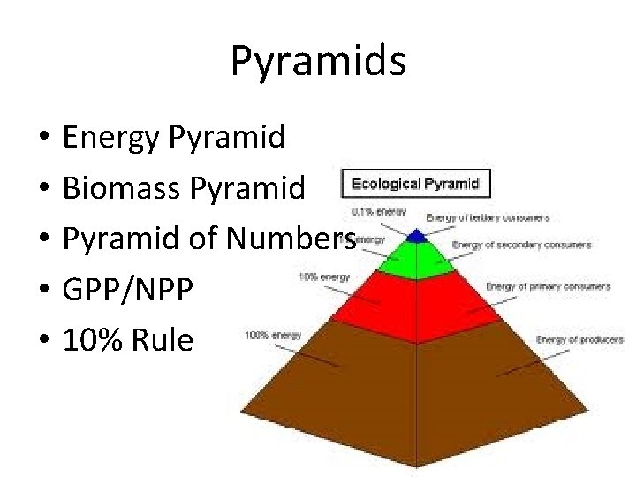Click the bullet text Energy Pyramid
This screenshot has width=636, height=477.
click(x=174, y=137)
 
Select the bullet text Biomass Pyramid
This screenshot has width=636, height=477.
click(x=184, y=186)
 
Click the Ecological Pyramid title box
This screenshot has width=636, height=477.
click(x=415, y=185)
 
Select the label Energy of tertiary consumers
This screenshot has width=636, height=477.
click(x=487, y=217)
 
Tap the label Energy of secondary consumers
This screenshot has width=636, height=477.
click(x=521, y=245)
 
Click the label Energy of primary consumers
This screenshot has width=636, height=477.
click(x=548, y=286)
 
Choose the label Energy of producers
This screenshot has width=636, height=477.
click(x=579, y=339)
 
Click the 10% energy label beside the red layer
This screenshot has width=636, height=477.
click(x=323, y=276)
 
